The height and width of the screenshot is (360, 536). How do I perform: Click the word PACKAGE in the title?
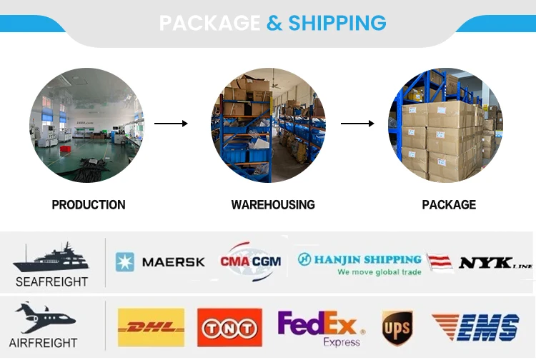(209, 23)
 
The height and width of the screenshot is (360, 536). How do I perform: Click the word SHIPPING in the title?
(337, 23)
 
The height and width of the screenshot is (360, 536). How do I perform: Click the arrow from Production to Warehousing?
(171, 124)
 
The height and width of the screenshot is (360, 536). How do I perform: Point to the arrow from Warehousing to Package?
(357, 124)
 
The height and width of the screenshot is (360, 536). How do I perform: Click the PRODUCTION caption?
(89, 205)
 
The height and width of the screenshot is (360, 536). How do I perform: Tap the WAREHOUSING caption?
(273, 205)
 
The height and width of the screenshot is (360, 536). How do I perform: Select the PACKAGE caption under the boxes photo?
(449, 205)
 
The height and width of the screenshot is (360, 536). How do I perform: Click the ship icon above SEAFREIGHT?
(49, 257)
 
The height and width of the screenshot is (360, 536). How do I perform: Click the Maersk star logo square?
(125, 262)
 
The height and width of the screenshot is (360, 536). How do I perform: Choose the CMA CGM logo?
(250, 261)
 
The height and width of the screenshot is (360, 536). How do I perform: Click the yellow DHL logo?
(150, 328)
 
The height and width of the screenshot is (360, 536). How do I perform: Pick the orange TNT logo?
(229, 328)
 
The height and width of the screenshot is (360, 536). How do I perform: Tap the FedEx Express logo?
(320, 328)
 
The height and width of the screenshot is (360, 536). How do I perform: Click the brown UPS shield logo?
(397, 328)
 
